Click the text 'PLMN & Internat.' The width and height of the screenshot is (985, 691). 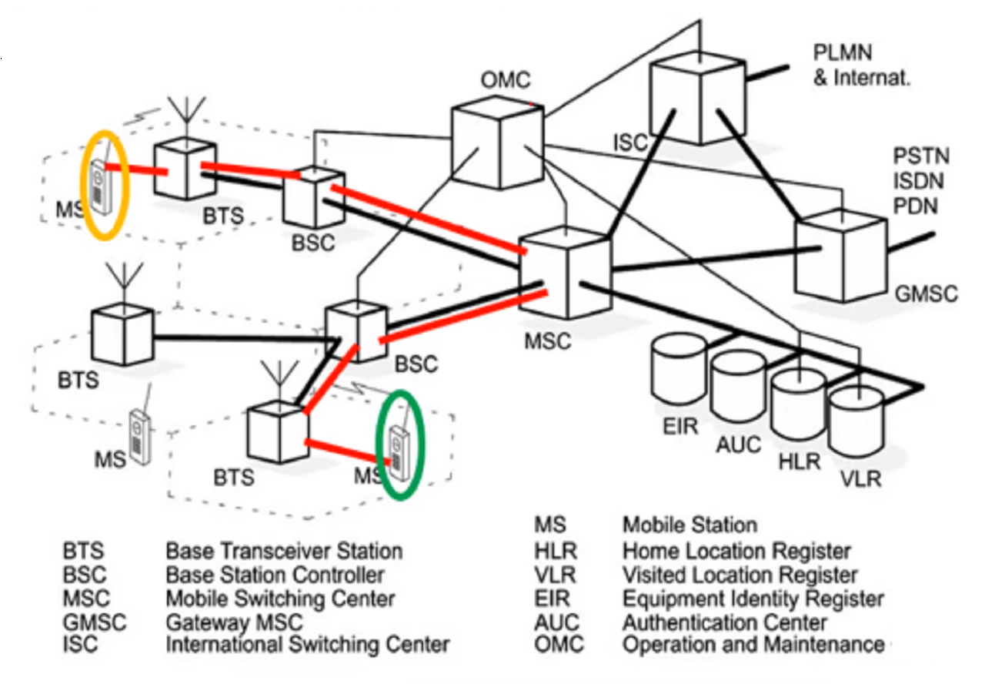(x=861, y=65)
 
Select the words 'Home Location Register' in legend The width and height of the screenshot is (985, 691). (x=736, y=552)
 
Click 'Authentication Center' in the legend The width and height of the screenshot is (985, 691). (x=724, y=622)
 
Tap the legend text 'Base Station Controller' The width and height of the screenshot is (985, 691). (x=275, y=575)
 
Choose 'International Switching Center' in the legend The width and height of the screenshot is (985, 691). (x=307, y=644)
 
